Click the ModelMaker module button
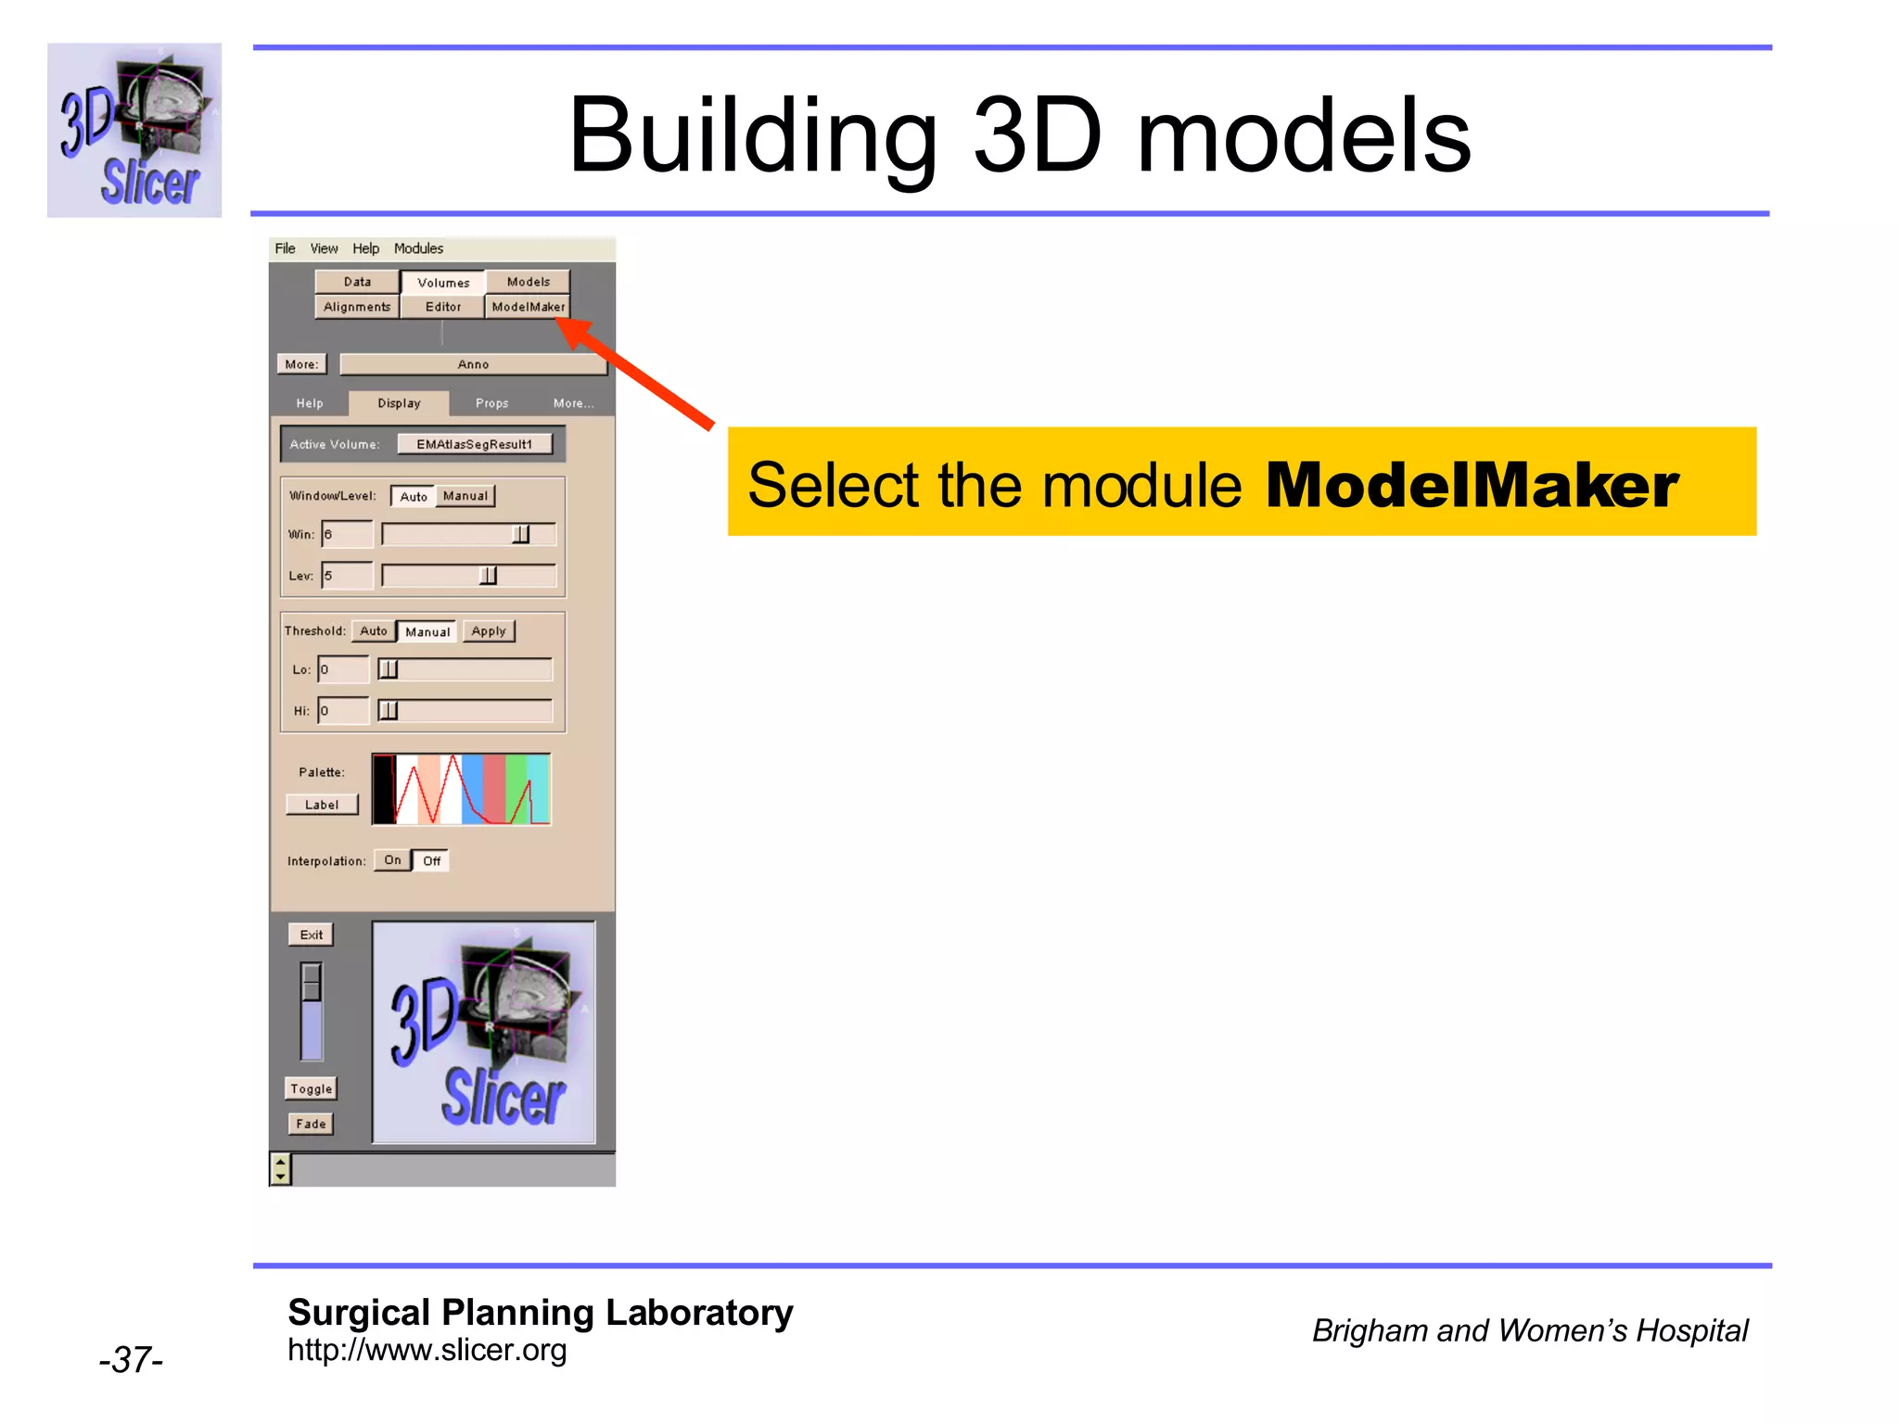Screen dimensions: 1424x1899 [528, 307]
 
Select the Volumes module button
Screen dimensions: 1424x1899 [443, 282]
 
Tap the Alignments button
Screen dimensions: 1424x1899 [357, 307]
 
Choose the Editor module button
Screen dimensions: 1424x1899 [442, 307]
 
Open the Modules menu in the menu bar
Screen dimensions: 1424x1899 [418, 248]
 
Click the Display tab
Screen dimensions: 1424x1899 [399, 403]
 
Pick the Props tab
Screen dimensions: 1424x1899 [491, 403]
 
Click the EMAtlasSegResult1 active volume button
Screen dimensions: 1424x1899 [475, 444]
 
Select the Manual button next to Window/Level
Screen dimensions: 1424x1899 [465, 496]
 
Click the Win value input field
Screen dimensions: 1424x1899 [348, 534]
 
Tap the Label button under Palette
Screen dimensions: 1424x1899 [322, 805]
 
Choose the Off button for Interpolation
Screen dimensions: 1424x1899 [431, 860]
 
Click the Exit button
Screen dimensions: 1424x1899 [312, 934]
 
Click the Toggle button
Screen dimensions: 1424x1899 [311, 1088]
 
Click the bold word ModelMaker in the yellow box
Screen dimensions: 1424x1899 [1472, 485]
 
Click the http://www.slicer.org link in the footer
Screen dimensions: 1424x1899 [427, 1350]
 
